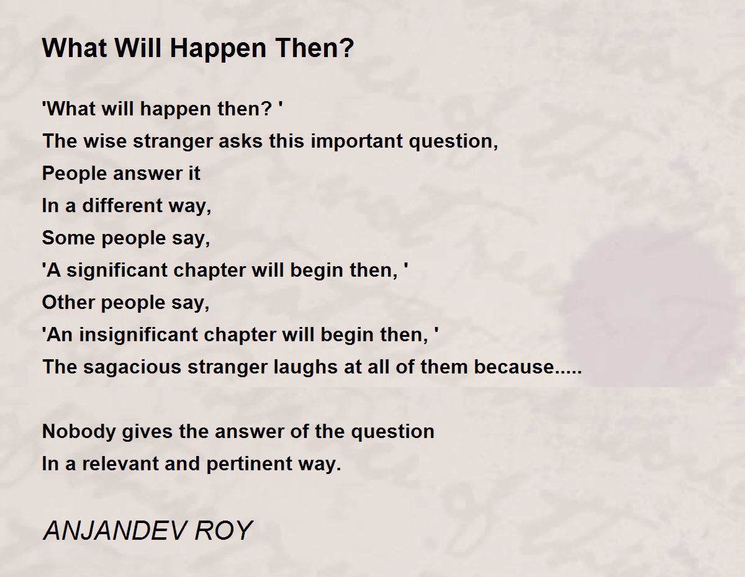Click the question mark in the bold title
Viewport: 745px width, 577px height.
tap(347, 48)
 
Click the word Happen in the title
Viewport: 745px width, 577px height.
tap(218, 50)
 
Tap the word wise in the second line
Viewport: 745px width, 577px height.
tap(106, 141)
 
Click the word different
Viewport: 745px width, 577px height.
tap(122, 205)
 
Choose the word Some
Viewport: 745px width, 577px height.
tap(68, 238)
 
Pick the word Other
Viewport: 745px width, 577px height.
tap(68, 302)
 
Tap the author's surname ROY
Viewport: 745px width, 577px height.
tap(223, 530)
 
